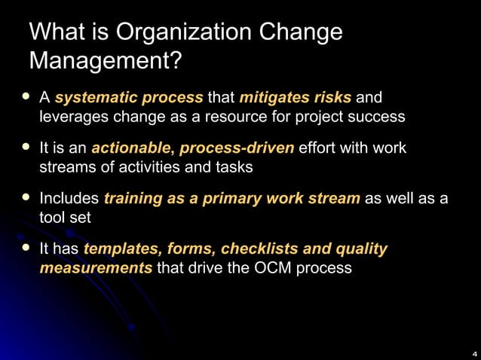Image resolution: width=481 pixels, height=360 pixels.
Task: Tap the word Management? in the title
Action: (x=105, y=59)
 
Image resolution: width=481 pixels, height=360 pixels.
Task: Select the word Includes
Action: (x=69, y=199)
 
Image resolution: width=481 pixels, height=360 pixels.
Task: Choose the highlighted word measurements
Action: (x=96, y=267)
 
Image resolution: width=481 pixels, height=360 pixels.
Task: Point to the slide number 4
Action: (x=473, y=352)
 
